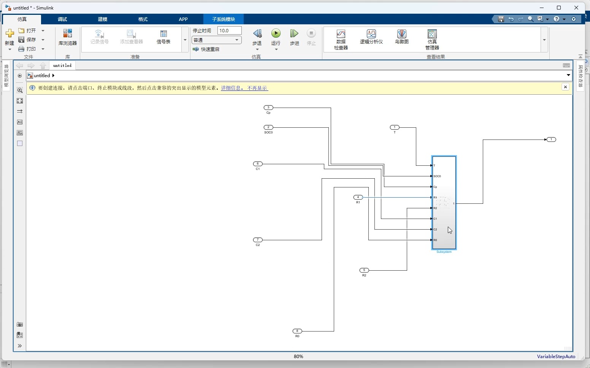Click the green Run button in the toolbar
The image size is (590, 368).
pos(276,34)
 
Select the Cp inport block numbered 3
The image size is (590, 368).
pos(268,108)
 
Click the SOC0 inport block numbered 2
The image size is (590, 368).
pos(268,127)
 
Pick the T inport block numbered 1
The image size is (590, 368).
pos(395,127)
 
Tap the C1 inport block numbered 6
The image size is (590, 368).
pos(258,164)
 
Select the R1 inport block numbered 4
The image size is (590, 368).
pos(358,197)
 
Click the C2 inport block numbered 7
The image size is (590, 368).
pos(258,240)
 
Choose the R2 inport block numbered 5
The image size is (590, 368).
pos(364,270)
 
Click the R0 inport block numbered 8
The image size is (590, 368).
pos(297,331)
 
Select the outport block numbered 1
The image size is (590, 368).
pos(551,140)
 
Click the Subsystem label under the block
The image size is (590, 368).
pos(444,252)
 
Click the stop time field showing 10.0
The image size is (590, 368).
pos(229,30)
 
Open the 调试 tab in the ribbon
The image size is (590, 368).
pos(62,19)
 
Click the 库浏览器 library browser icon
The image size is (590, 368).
pos(68,37)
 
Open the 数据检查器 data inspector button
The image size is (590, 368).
pos(341,39)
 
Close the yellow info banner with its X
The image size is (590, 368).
pos(565,87)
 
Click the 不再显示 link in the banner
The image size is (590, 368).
pos(257,88)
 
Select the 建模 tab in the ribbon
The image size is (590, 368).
pos(103,19)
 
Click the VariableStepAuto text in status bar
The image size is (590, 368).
pos(556,357)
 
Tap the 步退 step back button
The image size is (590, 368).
pos(257,37)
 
